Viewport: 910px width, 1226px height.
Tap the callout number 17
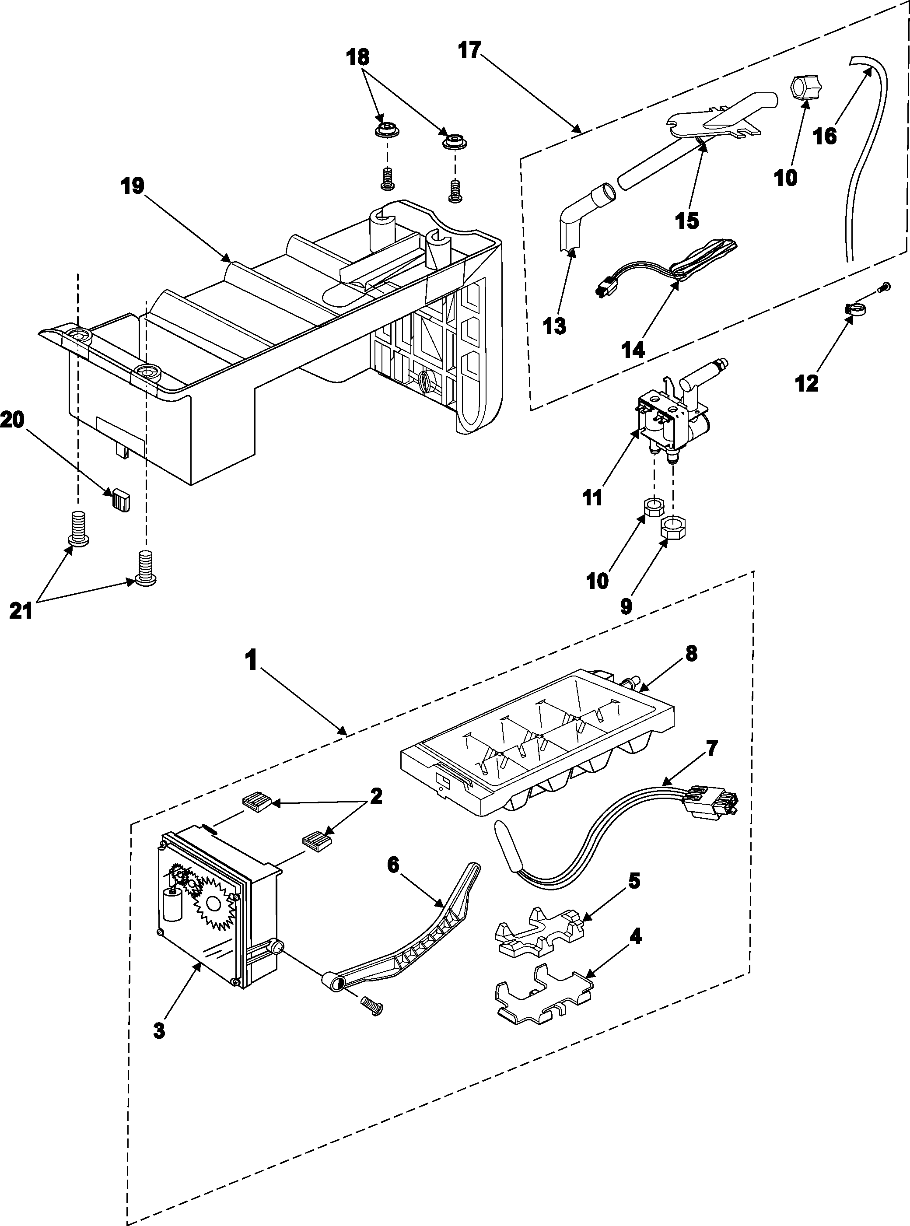[x=470, y=51]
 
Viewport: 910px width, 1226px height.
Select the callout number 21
[x=21, y=610]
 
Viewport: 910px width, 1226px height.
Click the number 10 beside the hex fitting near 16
[x=785, y=178]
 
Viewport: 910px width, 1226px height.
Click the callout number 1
[x=252, y=660]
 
